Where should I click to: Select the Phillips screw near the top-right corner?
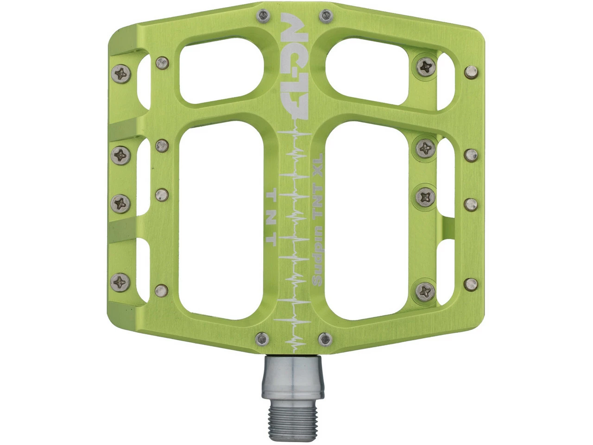click(425, 66)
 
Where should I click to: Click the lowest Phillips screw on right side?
click(424, 291)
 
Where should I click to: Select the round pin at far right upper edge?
click(471, 72)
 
